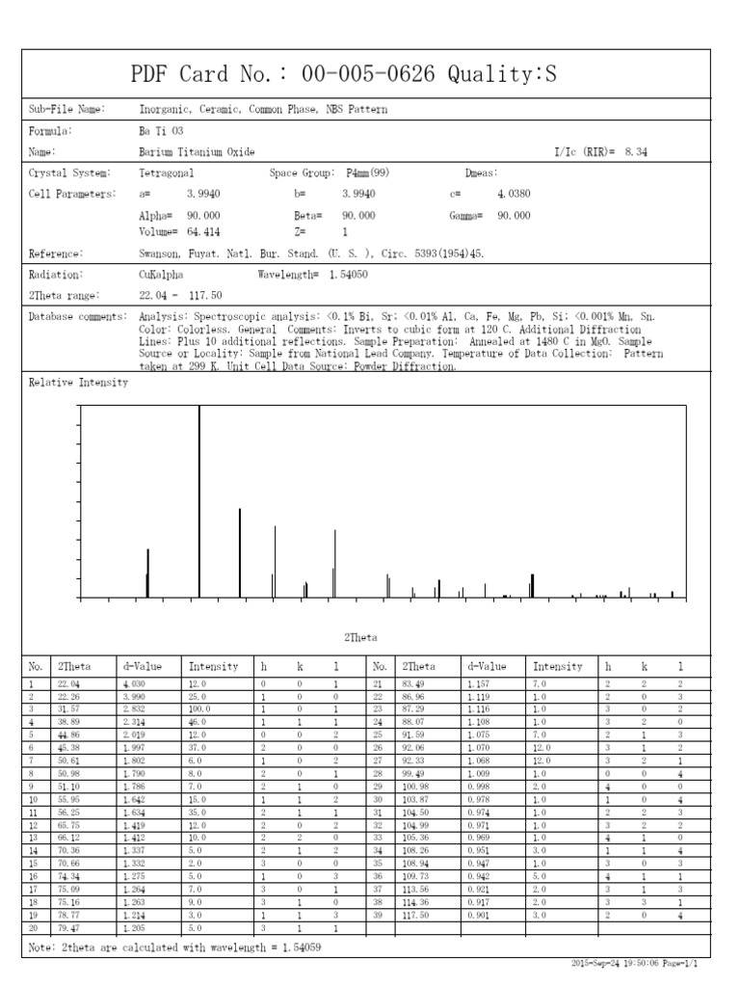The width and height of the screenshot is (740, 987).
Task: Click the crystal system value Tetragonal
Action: click(x=167, y=173)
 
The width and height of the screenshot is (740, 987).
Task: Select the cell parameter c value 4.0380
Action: click(x=514, y=194)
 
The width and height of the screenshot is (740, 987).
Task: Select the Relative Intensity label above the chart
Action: click(x=78, y=383)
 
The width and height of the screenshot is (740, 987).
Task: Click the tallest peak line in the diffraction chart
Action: click(x=199, y=501)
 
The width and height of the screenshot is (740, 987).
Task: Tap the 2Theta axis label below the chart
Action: click(x=360, y=637)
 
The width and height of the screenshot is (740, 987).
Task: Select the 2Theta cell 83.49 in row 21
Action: click(x=415, y=683)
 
